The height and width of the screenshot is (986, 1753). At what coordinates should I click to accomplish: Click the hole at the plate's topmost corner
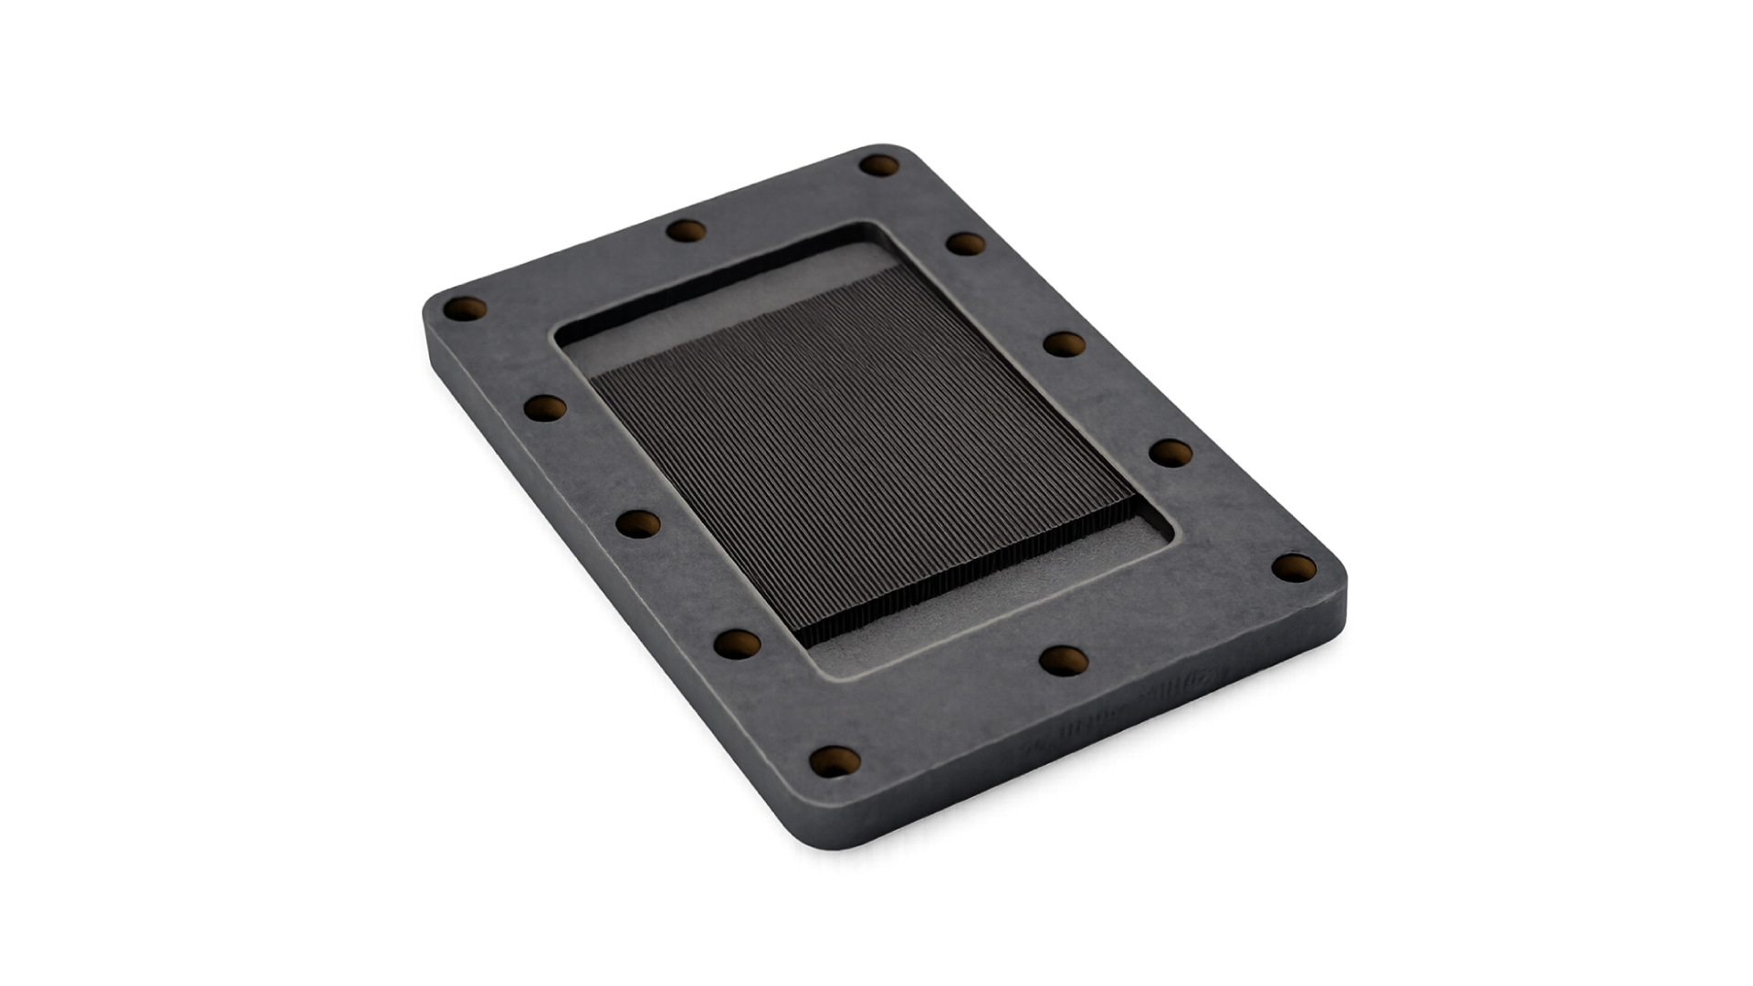[x=880, y=166]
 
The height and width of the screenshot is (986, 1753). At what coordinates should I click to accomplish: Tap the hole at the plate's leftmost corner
[x=465, y=308]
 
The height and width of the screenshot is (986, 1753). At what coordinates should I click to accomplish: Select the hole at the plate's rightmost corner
[x=1295, y=568]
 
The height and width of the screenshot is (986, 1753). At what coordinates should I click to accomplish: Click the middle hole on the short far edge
[x=687, y=230]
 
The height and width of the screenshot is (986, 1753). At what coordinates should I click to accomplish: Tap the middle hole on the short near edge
[x=1064, y=660]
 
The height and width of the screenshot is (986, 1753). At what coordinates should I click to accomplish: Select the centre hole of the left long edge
[x=638, y=523]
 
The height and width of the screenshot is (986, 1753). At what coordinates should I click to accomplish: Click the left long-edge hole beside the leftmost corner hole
[x=546, y=408]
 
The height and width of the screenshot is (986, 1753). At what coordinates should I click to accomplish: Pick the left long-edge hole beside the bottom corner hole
[x=737, y=644]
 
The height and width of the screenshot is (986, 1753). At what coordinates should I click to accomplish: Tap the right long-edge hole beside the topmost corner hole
[x=965, y=244]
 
